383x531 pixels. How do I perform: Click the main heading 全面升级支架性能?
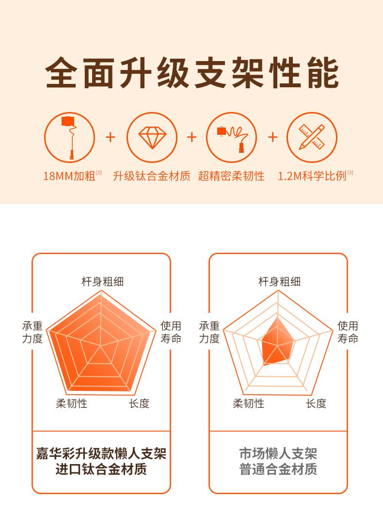[191, 72]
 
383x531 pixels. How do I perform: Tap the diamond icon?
[152, 137]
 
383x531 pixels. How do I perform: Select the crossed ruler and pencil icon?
[312, 137]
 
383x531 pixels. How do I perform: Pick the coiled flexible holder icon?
[232, 137]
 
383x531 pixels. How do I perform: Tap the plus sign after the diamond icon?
[191, 137]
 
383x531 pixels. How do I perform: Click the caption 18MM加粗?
[69, 176]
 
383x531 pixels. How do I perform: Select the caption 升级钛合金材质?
[151, 176]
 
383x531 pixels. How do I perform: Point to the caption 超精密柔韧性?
[231, 176]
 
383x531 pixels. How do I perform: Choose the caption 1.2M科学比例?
[312, 176]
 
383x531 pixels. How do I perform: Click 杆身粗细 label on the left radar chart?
[103, 281]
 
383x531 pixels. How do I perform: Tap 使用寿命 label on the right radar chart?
[348, 332]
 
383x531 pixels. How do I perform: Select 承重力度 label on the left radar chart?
[32, 332]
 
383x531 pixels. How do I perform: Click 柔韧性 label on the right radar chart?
[248, 403]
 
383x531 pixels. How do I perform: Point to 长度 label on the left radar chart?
[139, 403]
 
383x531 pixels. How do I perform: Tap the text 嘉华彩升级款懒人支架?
[101, 453]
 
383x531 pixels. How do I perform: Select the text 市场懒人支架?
[278, 453]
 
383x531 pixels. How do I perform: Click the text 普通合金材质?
[278, 469]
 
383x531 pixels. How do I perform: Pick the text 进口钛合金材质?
[101, 469]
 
